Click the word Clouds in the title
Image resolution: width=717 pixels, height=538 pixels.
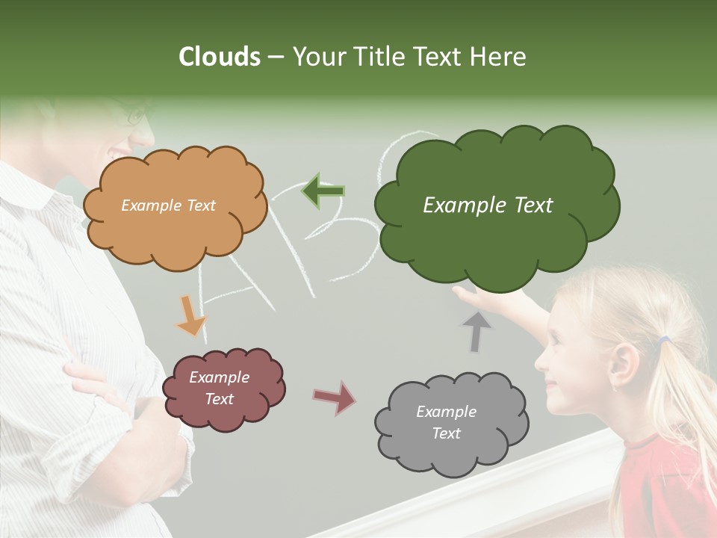pyautogui.click(x=220, y=57)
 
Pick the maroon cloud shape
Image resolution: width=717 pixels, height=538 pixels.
pyautogui.click(x=223, y=389)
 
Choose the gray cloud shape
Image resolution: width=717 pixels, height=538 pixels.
pyautogui.click(x=450, y=423)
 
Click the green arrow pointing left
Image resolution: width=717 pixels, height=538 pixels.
pyautogui.click(x=323, y=191)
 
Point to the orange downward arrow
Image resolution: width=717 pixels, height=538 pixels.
pyautogui.click(x=190, y=315)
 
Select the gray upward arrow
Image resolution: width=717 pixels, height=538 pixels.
pyautogui.click(x=476, y=332)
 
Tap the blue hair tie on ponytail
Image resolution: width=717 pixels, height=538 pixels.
pyautogui.click(x=663, y=341)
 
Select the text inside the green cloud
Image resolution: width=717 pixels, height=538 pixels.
pyautogui.click(x=488, y=205)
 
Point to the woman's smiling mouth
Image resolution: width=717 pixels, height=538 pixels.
pyautogui.click(x=119, y=154)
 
